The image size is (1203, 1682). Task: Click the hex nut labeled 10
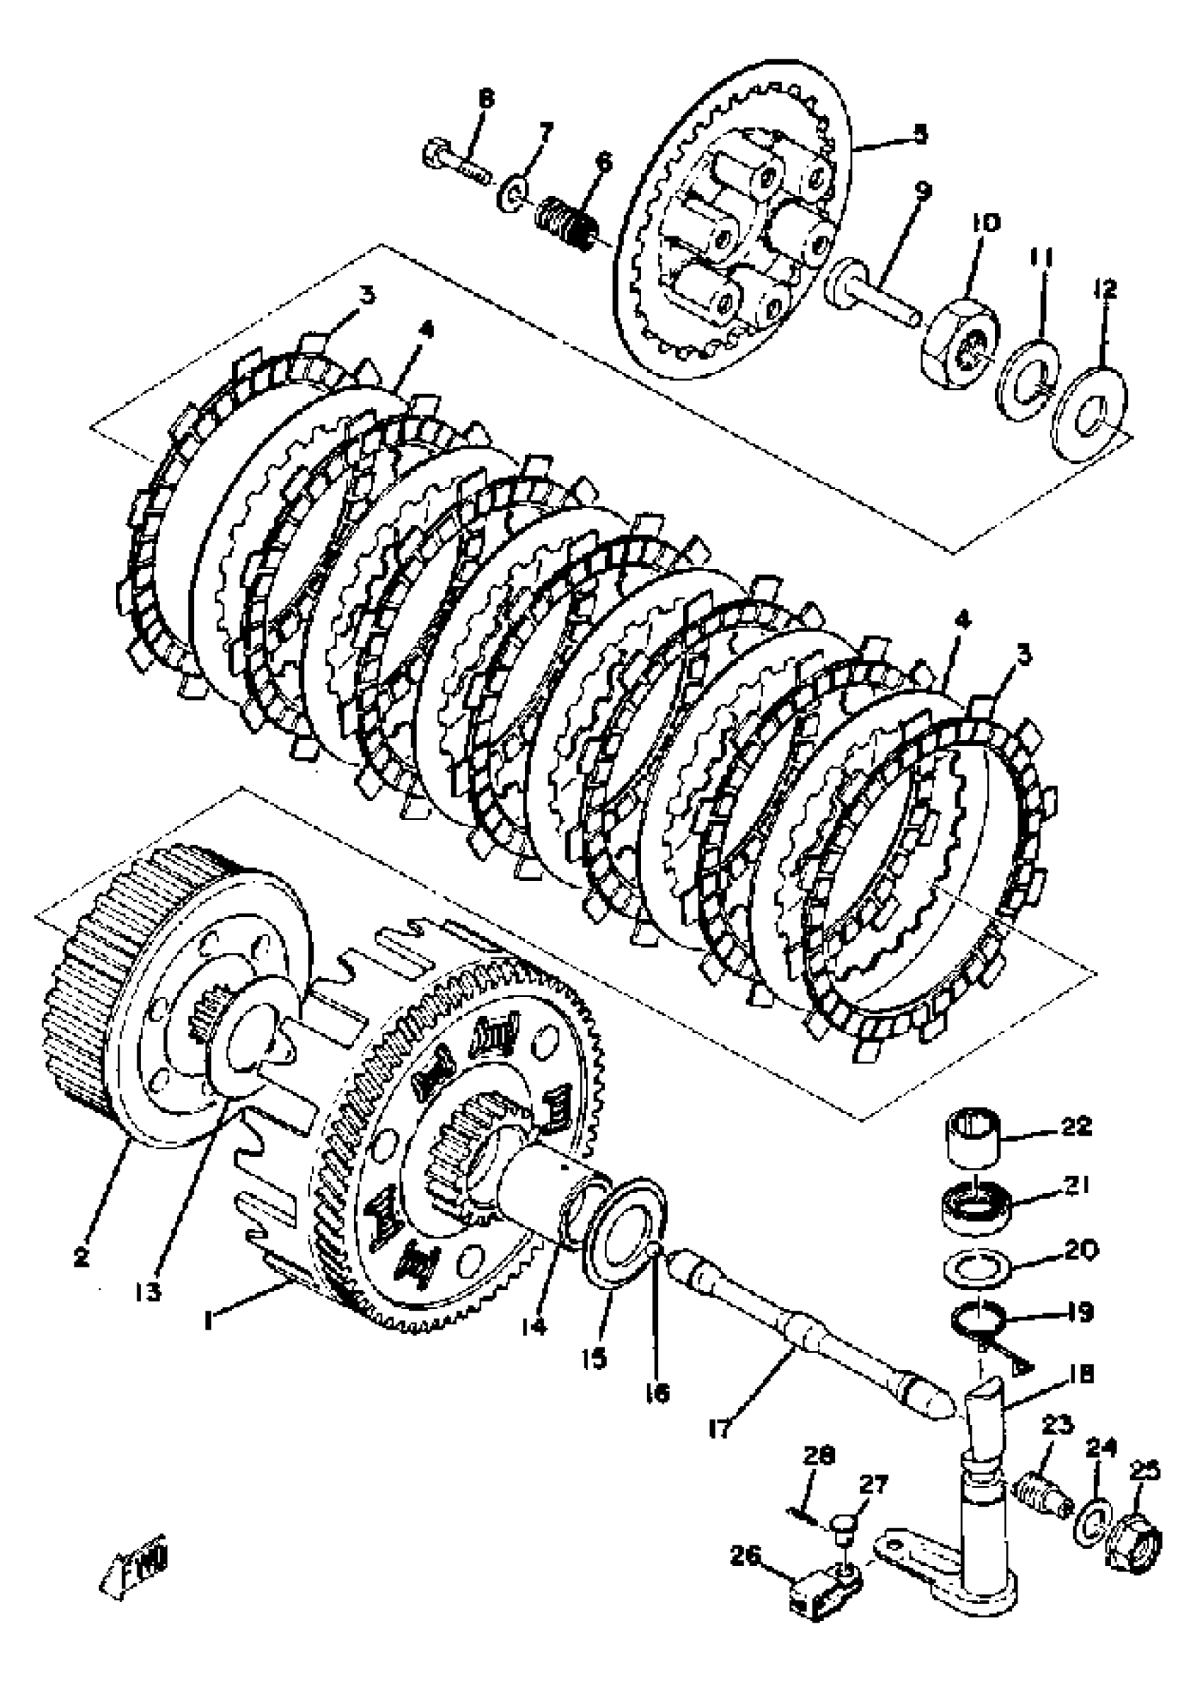pyautogui.click(x=959, y=340)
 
